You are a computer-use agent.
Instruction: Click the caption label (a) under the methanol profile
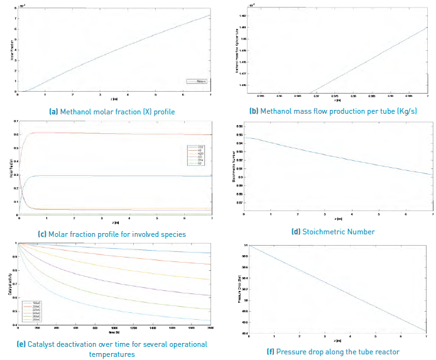pos(55,112)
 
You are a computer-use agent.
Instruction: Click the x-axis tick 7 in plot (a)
pos(210,95)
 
